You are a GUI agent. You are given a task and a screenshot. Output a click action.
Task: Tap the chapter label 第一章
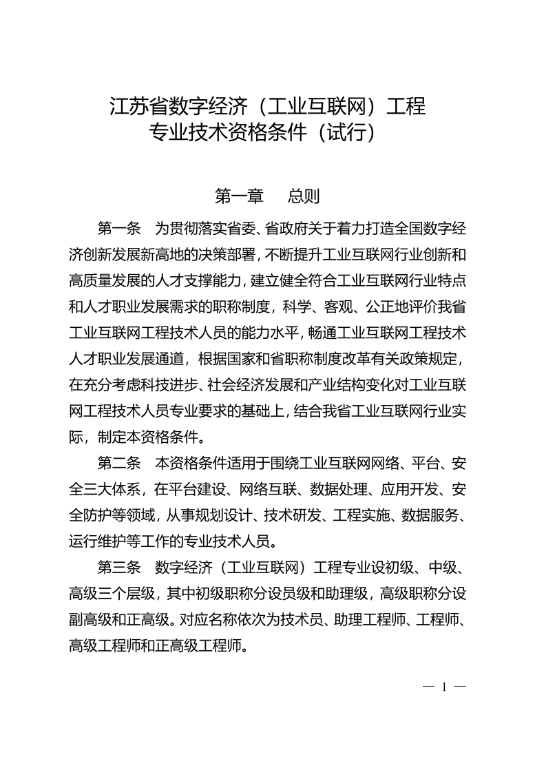tap(239, 196)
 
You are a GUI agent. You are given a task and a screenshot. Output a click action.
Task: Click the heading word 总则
tap(304, 196)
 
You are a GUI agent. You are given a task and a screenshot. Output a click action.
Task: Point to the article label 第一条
tap(119, 227)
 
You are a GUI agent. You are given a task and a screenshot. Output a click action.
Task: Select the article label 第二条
tap(119, 463)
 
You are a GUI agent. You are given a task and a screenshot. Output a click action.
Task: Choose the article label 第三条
tap(119, 568)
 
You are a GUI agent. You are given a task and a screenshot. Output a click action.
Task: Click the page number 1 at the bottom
tap(445, 687)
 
